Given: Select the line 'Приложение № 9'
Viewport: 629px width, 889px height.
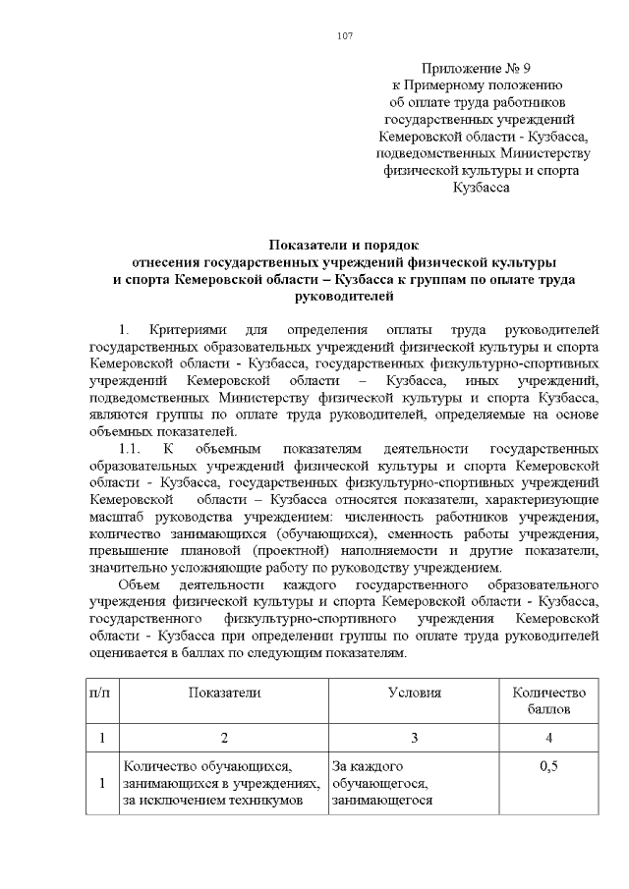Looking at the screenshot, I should [x=475, y=69].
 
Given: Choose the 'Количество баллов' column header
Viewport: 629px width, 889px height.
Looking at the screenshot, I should [x=548, y=700].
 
